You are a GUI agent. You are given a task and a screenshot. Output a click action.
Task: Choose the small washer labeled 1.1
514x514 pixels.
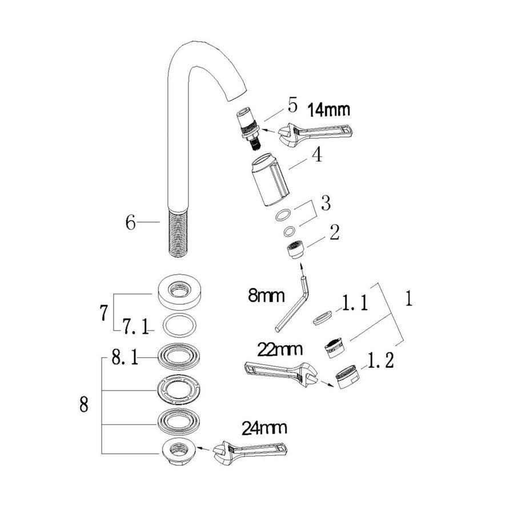click(323, 317)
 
